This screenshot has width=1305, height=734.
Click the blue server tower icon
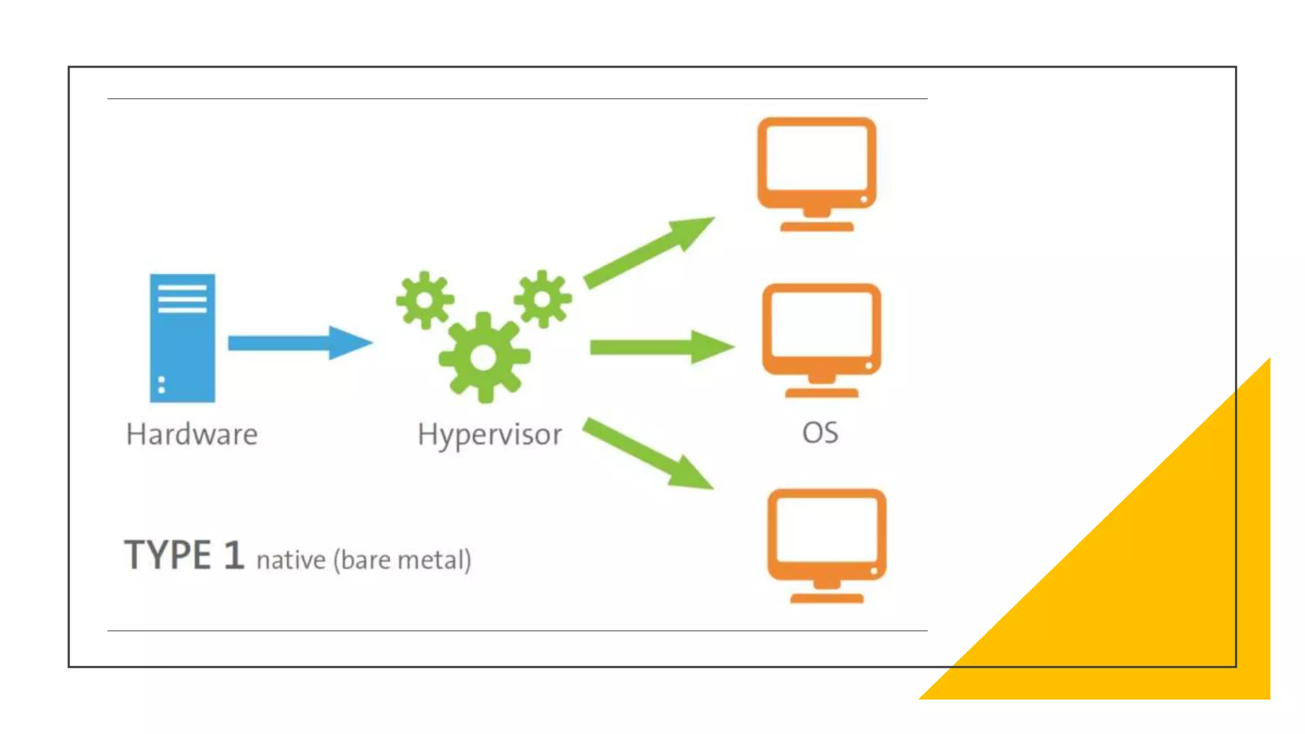[x=182, y=338]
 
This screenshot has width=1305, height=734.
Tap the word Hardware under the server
[x=192, y=435]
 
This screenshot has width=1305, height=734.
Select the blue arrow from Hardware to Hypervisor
[x=299, y=343]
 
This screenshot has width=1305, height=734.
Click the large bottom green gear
[x=484, y=357]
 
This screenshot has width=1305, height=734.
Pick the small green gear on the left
[x=424, y=299]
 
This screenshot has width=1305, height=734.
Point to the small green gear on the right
[x=543, y=299]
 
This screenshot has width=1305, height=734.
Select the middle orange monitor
[x=821, y=340]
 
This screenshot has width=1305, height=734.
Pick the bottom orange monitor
[x=826, y=545]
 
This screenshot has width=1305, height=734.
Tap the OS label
[x=820, y=433]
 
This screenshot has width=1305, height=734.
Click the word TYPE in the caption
[x=168, y=555]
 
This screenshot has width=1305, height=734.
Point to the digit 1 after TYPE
[x=233, y=555]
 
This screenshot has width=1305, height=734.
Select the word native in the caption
[x=291, y=560]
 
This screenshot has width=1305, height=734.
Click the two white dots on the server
[x=161, y=385]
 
